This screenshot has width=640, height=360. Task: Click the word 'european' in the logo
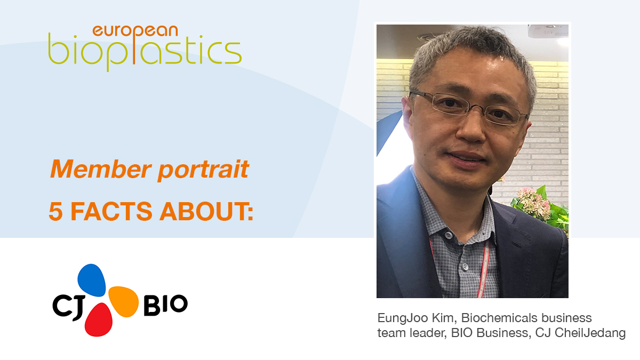click(x=135, y=31)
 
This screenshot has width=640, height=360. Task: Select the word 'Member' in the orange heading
click(x=101, y=169)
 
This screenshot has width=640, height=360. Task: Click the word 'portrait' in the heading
click(x=203, y=170)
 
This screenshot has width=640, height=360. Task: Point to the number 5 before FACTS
click(x=55, y=212)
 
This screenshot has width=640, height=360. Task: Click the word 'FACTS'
click(x=111, y=211)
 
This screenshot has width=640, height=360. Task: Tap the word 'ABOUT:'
click(x=206, y=211)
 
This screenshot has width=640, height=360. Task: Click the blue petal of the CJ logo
click(x=92, y=279)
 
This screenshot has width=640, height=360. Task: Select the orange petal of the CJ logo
click(x=123, y=301)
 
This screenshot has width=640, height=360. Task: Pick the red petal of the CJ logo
click(x=99, y=319)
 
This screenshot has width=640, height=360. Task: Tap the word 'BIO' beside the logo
click(x=165, y=305)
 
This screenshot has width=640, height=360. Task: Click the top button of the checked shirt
click(x=449, y=235)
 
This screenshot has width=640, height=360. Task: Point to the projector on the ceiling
click(x=548, y=31)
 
